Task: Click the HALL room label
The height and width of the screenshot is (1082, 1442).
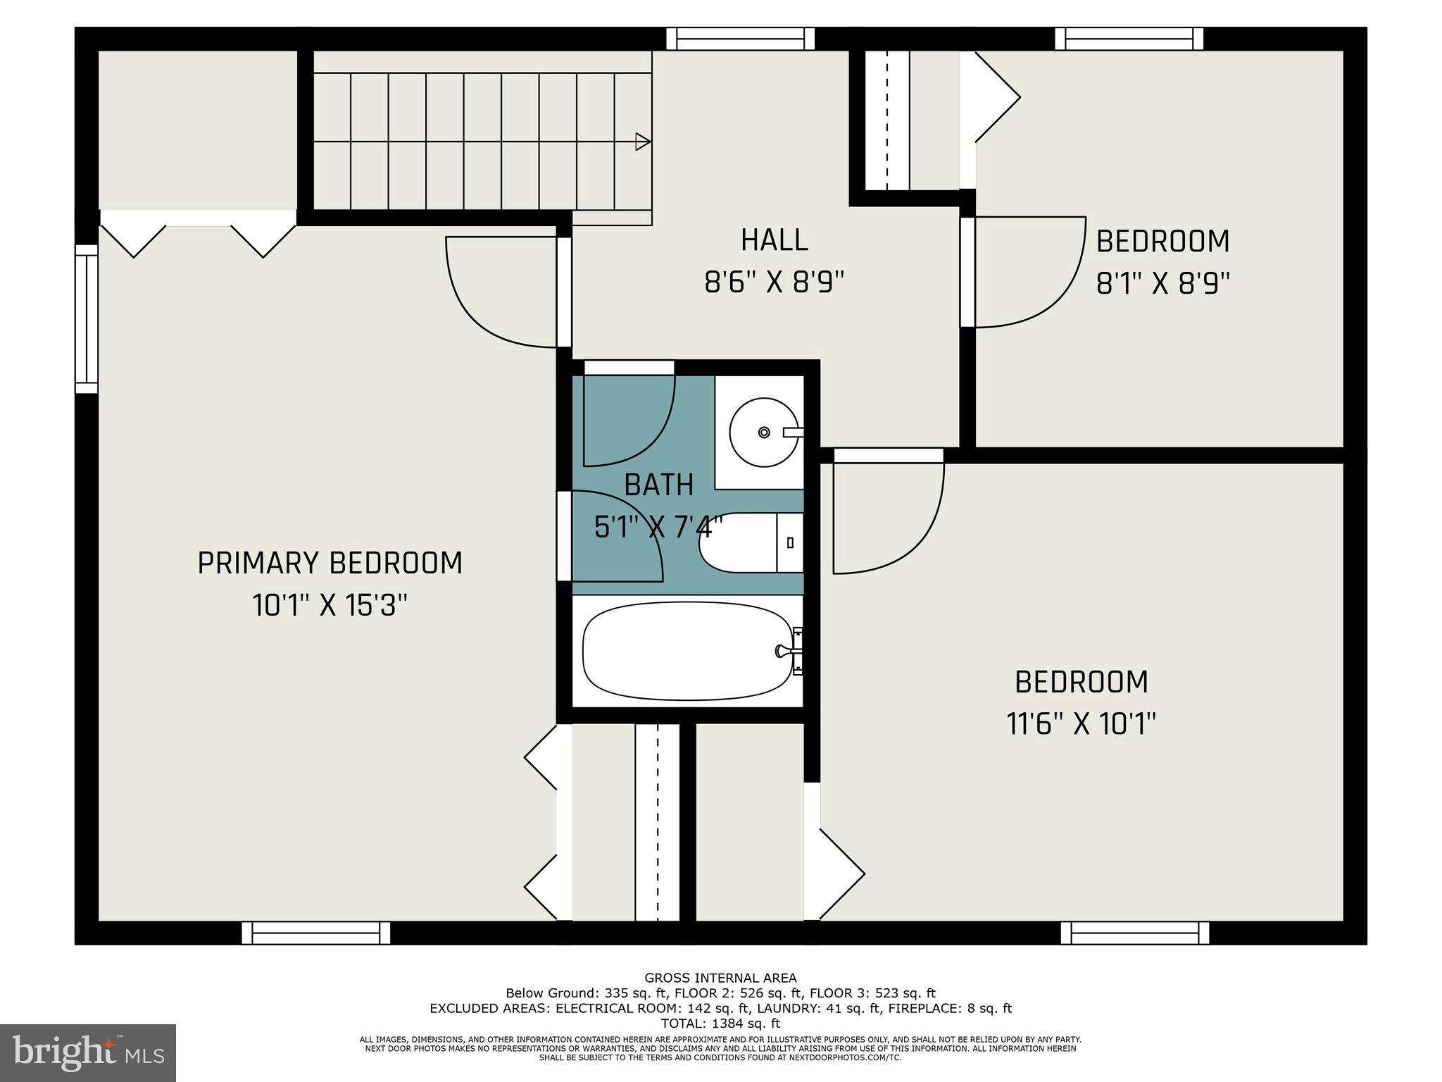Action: click(x=774, y=240)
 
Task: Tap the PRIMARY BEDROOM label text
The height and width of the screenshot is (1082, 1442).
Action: click(x=330, y=564)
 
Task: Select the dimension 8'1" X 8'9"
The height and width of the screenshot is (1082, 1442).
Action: click(x=1162, y=284)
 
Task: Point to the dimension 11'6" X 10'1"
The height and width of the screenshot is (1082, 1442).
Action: click(x=1081, y=724)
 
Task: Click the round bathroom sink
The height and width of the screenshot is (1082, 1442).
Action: click(x=763, y=432)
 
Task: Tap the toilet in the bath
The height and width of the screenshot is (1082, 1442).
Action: click(x=751, y=542)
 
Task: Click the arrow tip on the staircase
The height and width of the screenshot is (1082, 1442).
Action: click(x=644, y=142)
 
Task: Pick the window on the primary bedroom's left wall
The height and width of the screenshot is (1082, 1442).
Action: click(x=87, y=318)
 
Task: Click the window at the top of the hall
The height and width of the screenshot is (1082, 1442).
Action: click(x=740, y=39)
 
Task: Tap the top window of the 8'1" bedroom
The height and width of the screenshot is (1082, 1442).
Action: click(x=1129, y=39)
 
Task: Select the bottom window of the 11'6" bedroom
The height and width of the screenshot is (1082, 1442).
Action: click(x=1134, y=933)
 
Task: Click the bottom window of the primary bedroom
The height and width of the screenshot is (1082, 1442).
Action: click(x=315, y=933)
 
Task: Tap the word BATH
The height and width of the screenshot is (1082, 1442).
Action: click(x=659, y=485)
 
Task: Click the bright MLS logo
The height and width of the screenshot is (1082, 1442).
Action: click(x=88, y=1052)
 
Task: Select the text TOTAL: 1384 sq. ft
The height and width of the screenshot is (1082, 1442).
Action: click(x=720, y=1024)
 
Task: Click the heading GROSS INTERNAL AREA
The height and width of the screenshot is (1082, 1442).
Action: click(x=720, y=978)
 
